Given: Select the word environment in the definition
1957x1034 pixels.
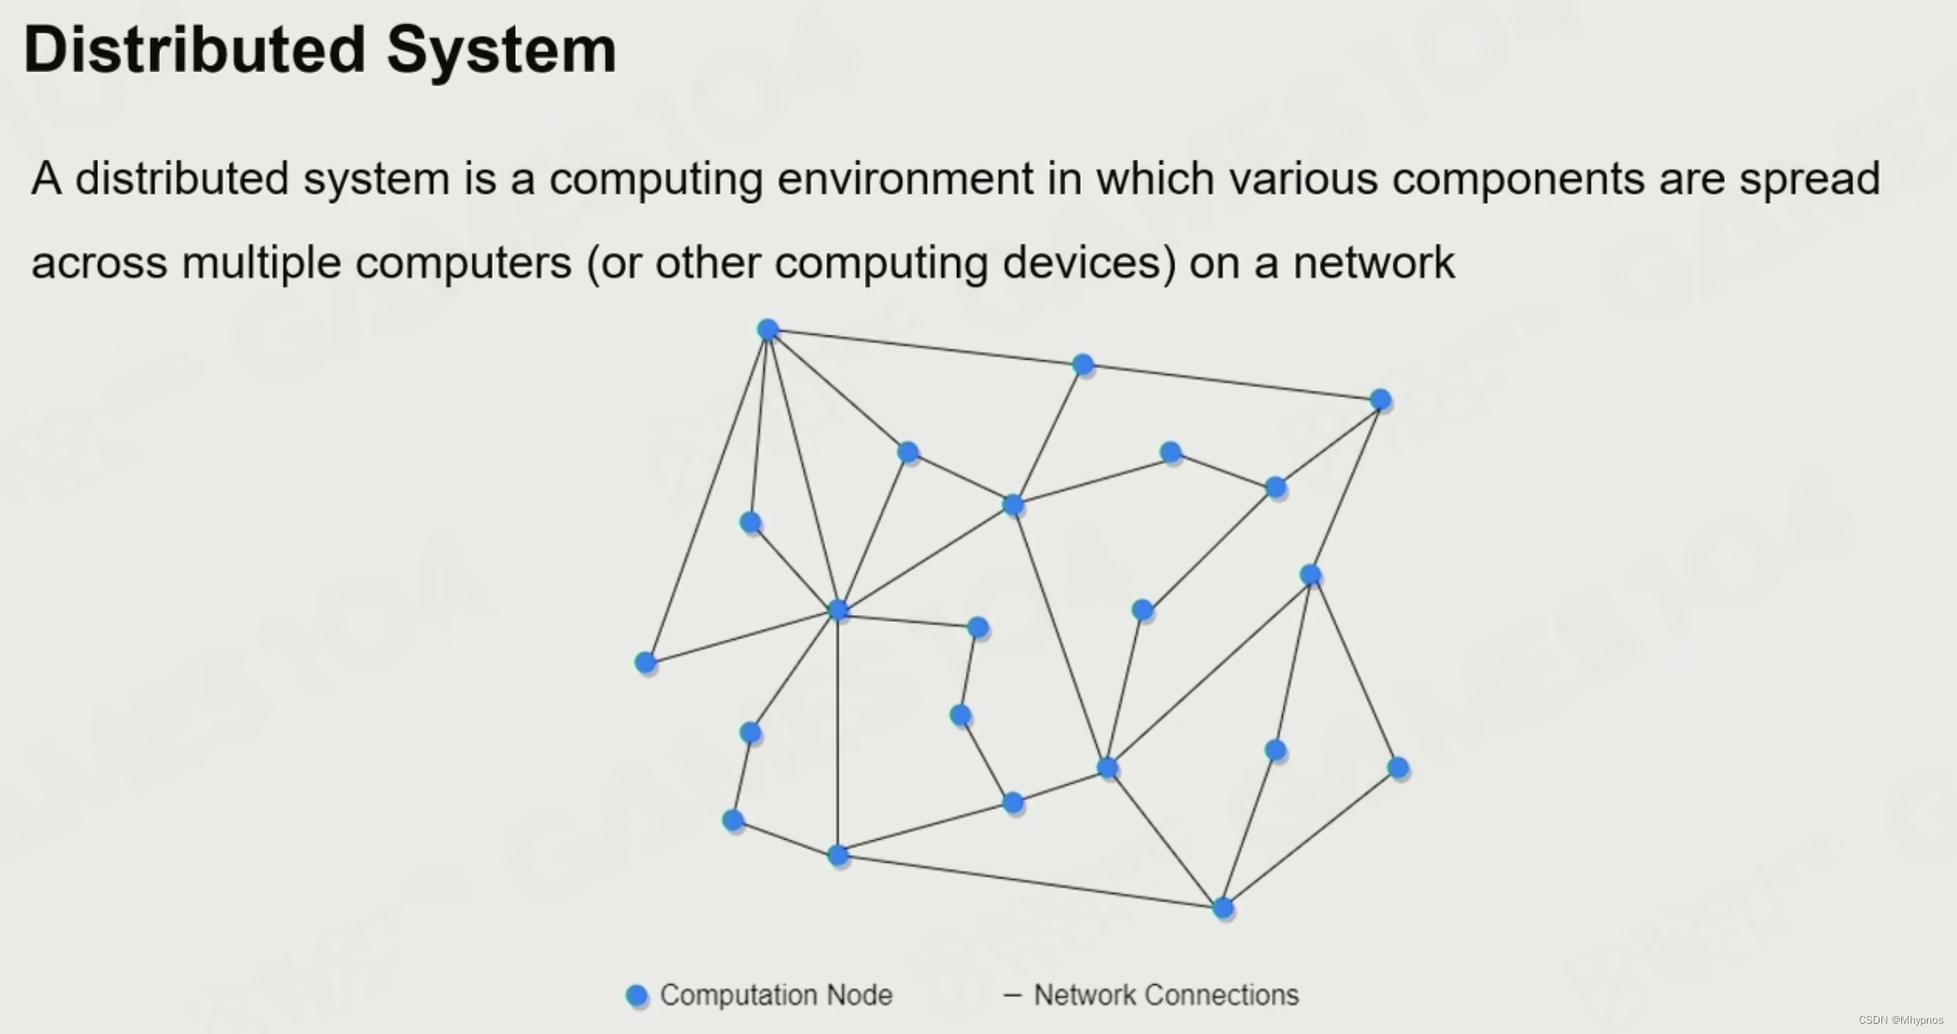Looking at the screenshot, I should click(x=905, y=179).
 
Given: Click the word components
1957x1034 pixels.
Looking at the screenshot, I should click(x=1518, y=179).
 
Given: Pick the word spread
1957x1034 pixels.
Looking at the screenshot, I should click(x=1809, y=179).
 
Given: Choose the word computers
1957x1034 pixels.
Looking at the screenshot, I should click(x=463, y=262).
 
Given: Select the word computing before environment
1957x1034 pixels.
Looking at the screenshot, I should click(x=655, y=179).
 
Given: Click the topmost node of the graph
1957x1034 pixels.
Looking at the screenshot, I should click(x=768, y=329).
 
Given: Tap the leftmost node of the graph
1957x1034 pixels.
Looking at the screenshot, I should click(x=646, y=662).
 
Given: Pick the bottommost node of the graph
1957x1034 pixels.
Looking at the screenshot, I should click(x=1223, y=908).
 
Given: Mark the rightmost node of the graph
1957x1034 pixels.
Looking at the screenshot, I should click(x=1398, y=767).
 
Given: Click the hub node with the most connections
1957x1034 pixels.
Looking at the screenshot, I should click(x=838, y=610).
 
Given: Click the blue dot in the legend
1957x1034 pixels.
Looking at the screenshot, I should click(x=636, y=995).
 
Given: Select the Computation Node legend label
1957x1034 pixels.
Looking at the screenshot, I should click(x=776, y=995).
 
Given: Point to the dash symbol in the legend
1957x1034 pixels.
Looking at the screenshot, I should click(x=1012, y=995).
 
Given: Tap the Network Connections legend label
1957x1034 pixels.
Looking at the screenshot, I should click(x=1166, y=995).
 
